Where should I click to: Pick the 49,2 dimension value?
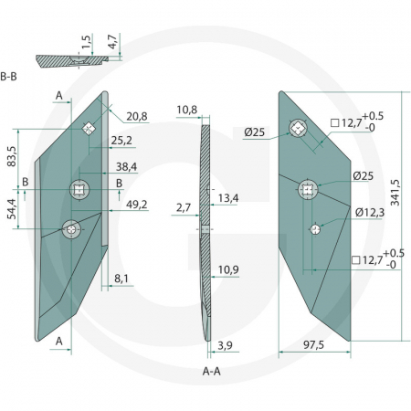click(x=136, y=205)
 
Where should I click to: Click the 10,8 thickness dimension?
click(x=186, y=111)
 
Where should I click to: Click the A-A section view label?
click(x=213, y=373)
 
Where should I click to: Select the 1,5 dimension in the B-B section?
click(x=85, y=42)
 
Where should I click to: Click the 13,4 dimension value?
click(x=228, y=199)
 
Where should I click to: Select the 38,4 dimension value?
click(x=136, y=166)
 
